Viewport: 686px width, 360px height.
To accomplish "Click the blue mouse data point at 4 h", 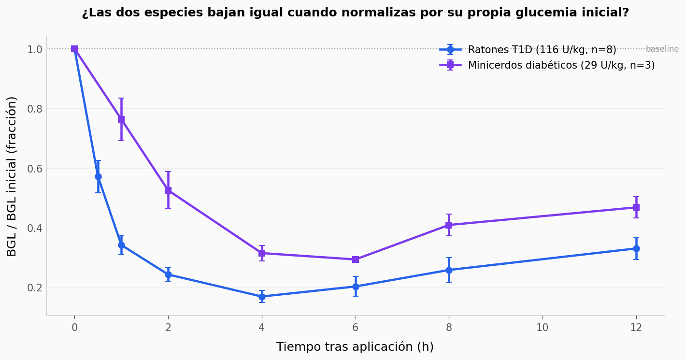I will (262, 297).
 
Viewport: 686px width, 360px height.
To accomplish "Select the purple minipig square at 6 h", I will (356, 259).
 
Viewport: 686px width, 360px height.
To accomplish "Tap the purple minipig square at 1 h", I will (121, 119).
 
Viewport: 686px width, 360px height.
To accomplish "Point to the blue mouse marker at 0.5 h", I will (98, 177).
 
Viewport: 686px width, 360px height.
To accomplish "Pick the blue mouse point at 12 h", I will (636, 248).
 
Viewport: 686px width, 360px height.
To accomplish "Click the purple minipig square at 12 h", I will (636, 207).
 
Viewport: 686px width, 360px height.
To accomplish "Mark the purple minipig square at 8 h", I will (449, 225).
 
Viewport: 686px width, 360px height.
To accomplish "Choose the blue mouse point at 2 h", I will (168, 274).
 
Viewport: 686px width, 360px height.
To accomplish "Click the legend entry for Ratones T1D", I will (542, 50).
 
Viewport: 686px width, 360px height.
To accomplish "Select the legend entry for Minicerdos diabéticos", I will (561, 65).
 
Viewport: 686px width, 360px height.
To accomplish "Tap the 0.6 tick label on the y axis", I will (35, 169).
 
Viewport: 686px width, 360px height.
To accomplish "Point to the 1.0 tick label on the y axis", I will (35, 49).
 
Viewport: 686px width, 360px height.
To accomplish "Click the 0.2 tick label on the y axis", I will (35, 288).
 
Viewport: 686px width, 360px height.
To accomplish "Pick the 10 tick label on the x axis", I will (543, 328).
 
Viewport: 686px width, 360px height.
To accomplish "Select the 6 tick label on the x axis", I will (356, 328).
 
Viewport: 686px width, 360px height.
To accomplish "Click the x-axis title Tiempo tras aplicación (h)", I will (355, 347).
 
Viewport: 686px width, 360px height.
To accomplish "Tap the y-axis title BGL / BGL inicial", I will (12, 176).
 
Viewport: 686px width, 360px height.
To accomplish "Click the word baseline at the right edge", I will (662, 49).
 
